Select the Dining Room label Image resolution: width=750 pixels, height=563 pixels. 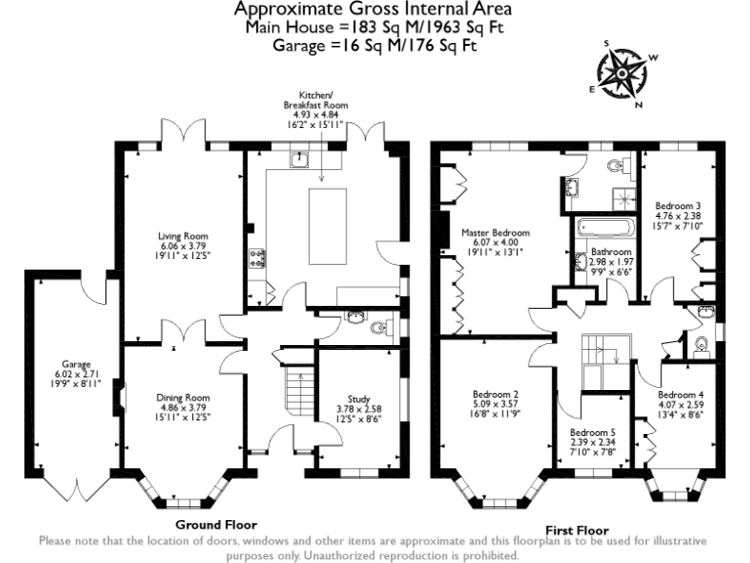184,398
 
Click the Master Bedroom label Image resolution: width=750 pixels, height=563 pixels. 495,233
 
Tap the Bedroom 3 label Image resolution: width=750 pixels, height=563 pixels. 678,206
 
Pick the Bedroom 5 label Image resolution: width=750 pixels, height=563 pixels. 593,432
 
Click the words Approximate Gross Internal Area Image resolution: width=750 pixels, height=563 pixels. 374,10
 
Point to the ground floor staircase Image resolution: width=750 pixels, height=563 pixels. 294,396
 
